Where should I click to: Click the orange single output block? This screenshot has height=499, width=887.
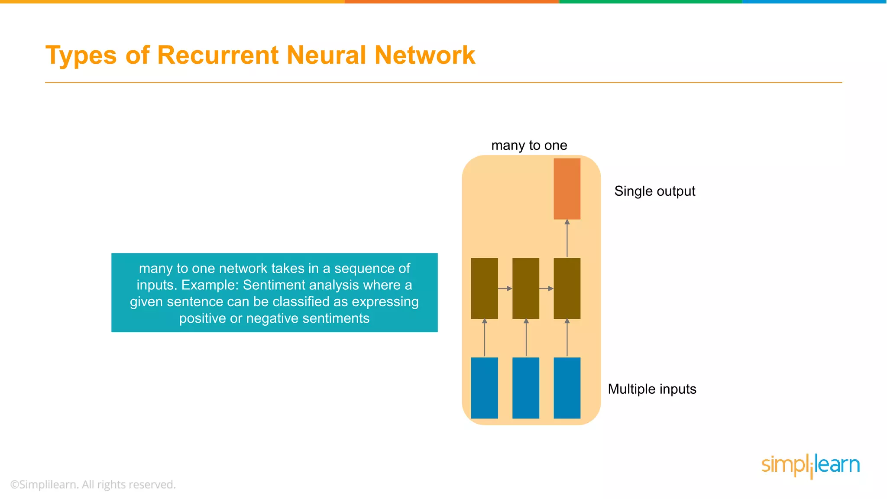567,189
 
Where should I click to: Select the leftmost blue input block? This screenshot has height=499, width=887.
484,388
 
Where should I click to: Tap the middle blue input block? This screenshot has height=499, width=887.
526,388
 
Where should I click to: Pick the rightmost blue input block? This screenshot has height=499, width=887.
567,388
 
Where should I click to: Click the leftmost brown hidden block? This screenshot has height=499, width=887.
484,288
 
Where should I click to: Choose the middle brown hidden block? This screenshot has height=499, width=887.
526,288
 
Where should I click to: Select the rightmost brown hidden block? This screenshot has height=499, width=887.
567,288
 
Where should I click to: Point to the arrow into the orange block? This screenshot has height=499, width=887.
567,239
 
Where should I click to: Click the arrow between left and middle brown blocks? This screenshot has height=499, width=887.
505,288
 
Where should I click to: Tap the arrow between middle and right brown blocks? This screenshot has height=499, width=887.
546,288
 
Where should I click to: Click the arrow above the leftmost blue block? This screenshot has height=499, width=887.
485,338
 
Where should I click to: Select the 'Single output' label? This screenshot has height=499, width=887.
654,191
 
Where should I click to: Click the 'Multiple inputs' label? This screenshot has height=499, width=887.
652,389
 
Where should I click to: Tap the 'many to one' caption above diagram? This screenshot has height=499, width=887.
529,146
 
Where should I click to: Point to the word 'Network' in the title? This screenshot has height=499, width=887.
424,55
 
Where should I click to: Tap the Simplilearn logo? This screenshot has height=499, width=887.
810,466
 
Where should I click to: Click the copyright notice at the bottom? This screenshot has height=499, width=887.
93,485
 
